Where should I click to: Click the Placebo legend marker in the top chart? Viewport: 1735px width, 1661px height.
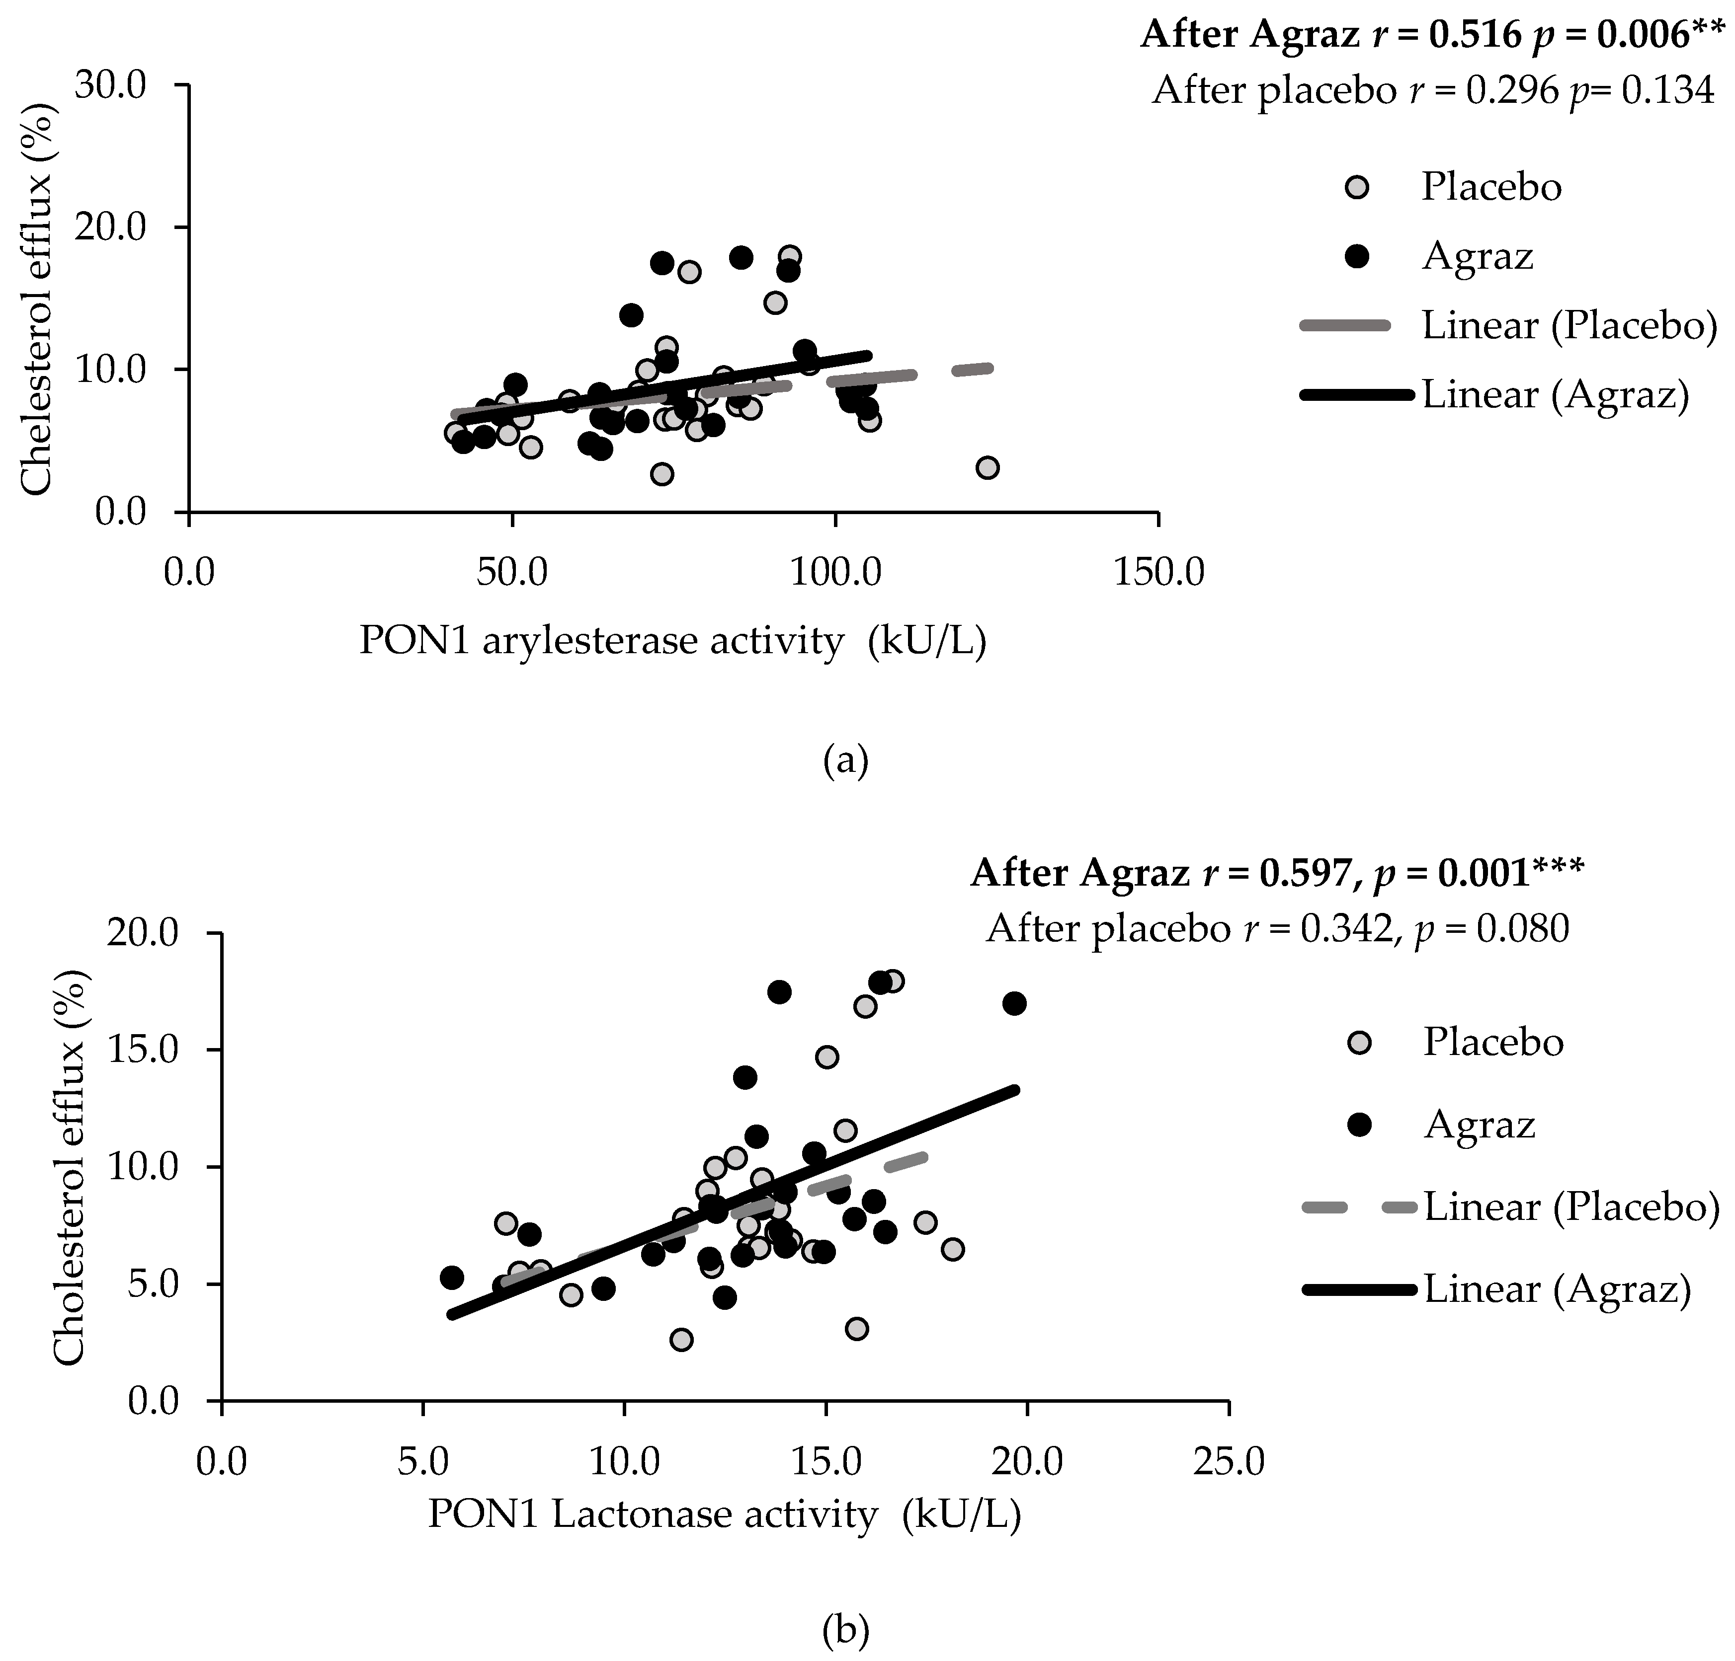[x=1356, y=187]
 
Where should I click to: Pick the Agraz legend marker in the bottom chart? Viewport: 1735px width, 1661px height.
[x=1357, y=1124]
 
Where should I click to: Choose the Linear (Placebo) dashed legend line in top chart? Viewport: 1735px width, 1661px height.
[x=1357, y=326]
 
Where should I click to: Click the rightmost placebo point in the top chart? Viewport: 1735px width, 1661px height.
[x=988, y=467]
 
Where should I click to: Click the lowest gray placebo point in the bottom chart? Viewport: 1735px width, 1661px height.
[x=681, y=1340]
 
